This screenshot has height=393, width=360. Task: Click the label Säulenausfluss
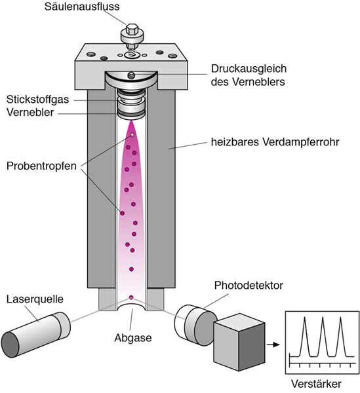(x=82, y=7)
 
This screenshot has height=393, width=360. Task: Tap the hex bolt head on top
(x=132, y=29)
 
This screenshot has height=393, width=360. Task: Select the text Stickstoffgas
(x=37, y=100)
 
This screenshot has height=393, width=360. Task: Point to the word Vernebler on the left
(x=30, y=112)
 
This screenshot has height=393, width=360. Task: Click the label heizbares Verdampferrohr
(x=275, y=142)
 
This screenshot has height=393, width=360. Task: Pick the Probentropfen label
(x=41, y=166)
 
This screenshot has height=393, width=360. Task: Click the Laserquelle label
(x=35, y=299)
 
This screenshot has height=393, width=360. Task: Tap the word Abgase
(x=133, y=338)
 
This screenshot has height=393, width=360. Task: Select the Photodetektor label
(x=249, y=286)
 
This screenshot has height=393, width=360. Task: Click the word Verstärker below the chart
(x=316, y=384)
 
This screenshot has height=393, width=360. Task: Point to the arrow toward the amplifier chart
(x=273, y=345)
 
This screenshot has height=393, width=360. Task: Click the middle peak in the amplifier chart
(x=323, y=336)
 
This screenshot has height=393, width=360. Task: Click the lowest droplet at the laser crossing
(x=131, y=297)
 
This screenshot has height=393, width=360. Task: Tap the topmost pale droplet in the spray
(x=132, y=135)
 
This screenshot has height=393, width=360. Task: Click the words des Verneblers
(x=248, y=82)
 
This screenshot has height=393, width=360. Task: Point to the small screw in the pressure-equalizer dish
(x=131, y=75)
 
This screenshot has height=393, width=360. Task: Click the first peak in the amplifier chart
(x=304, y=336)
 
